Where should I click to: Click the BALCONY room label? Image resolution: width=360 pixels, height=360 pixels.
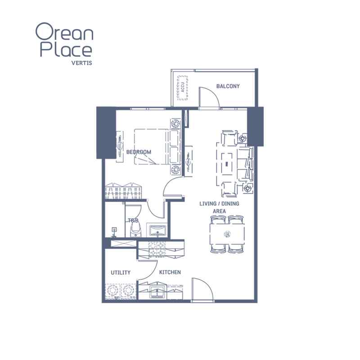point(228,86)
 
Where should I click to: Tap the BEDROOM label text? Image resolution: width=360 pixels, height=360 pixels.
point(139,152)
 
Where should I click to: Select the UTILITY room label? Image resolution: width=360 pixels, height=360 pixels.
point(121,273)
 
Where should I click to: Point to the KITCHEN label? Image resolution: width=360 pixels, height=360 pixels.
point(170,272)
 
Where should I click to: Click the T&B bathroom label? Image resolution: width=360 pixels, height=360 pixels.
point(133,220)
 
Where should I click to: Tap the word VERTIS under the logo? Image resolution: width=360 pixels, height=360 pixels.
point(82,63)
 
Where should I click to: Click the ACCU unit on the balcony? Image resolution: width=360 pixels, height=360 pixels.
point(183,87)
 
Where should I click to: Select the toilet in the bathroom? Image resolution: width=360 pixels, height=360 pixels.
point(135,230)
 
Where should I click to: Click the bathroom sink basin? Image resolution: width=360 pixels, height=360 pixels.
point(157,230)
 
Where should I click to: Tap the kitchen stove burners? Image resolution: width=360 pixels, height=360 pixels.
point(157,249)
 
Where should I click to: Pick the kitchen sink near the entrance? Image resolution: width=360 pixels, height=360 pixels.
point(158,292)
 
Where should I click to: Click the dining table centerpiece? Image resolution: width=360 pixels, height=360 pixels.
point(227,234)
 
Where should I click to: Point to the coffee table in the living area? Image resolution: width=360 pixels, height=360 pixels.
point(227,164)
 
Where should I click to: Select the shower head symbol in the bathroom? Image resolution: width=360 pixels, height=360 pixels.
point(114,232)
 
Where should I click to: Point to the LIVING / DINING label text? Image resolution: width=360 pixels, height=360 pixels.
point(219,204)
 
